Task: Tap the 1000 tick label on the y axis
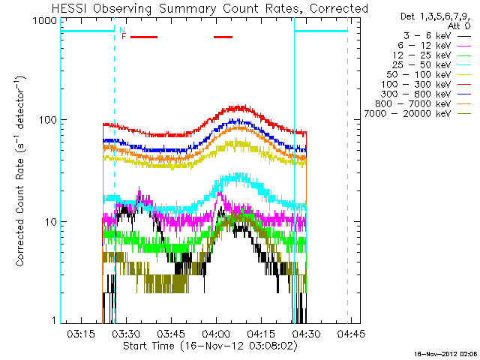[44, 21]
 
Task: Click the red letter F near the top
[124, 36]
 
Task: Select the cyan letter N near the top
[121, 30]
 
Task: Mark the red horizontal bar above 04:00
[223, 36]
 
